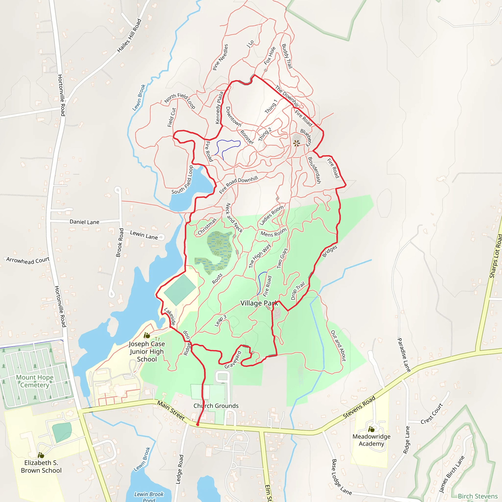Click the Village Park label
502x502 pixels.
tap(259, 303)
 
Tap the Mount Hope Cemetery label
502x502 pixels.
tap(35, 381)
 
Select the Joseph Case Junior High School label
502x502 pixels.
tap(147, 351)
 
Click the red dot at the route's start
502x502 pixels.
tap(198, 425)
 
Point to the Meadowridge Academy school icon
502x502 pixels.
tap(371, 429)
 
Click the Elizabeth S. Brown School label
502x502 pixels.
tap(41, 466)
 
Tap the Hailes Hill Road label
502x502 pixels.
tap(129, 36)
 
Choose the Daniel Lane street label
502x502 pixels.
tap(85, 222)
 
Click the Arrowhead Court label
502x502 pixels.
tap(28, 260)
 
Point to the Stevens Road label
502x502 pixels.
tap(359, 407)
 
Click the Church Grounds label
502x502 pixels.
tap(216, 406)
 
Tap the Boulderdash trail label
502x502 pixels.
tap(314, 170)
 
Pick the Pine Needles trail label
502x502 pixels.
tap(220, 57)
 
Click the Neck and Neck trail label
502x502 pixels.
tap(234, 218)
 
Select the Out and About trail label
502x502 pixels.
tap(338, 346)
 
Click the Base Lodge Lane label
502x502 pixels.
tap(341, 477)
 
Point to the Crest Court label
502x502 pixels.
tap(432, 414)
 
